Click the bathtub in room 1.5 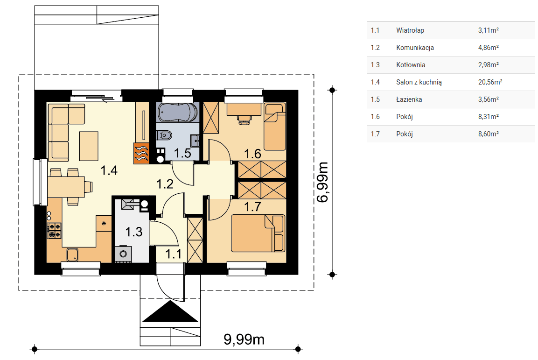[177, 112]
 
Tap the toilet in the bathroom [164, 135]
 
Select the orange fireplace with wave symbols [141, 153]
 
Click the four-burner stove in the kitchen [54, 231]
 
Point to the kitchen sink [72, 254]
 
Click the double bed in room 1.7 [258, 233]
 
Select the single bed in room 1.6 [275, 127]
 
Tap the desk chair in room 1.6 [245, 119]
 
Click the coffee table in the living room [89, 146]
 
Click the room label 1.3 [134, 232]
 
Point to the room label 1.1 [173, 254]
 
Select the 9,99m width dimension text [244, 339]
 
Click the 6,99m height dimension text [322, 182]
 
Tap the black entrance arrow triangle [170, 311]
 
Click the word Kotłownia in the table [411, 65]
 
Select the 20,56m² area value [490, 82]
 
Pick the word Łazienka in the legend [409, 99]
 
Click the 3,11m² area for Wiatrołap [489, 30]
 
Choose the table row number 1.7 [375, 134]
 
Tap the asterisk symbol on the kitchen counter [104, 223]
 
